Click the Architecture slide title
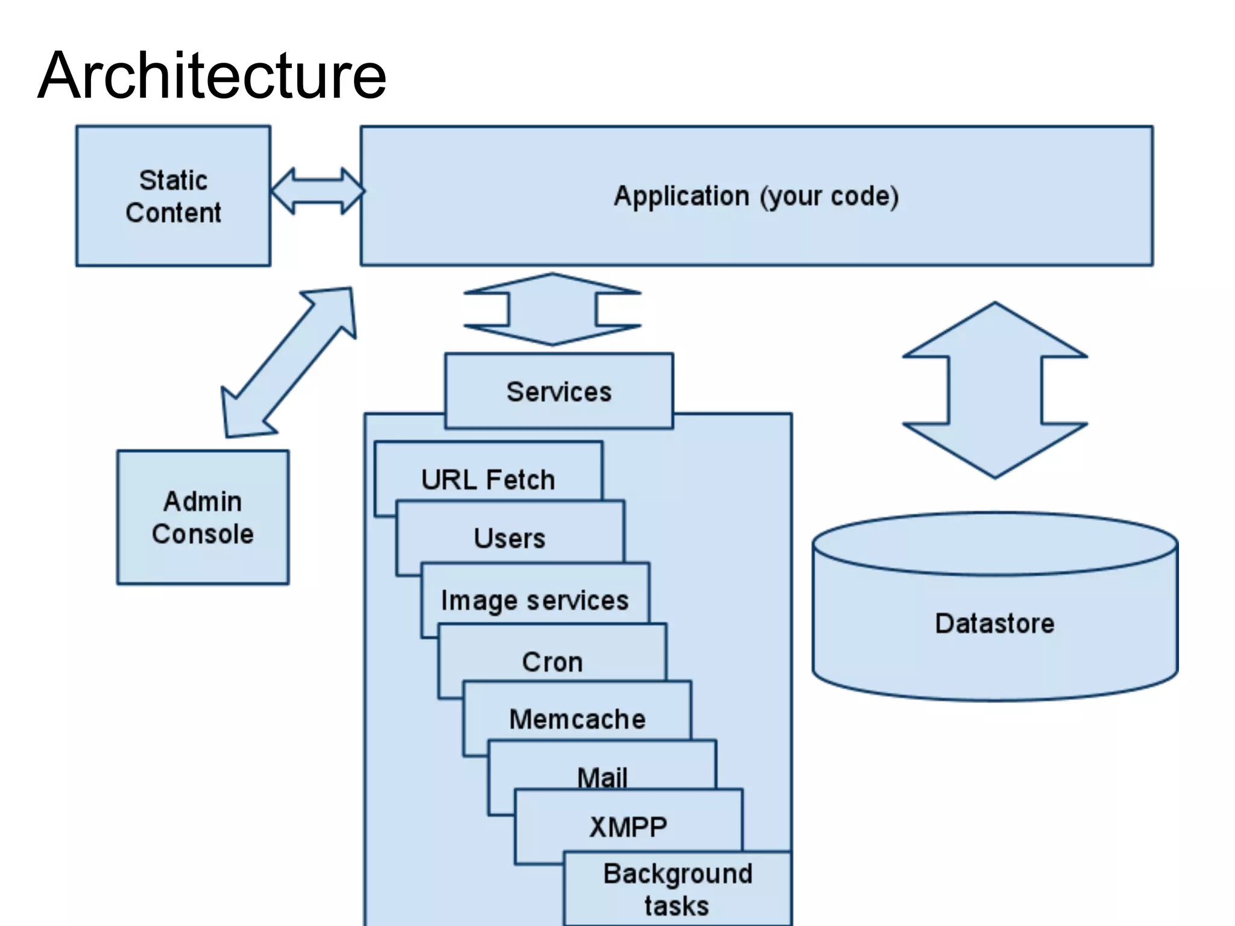212,76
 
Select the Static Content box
173,196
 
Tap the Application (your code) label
756,197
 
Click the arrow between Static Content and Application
317,191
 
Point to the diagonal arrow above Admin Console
289,362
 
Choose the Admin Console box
203,517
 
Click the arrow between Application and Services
552,309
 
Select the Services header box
558,392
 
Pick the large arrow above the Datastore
995,391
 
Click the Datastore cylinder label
994,623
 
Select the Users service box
510,538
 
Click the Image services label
534,600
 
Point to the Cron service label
552,662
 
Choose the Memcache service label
577,719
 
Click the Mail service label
602,776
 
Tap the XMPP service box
628,827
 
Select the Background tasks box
677,889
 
